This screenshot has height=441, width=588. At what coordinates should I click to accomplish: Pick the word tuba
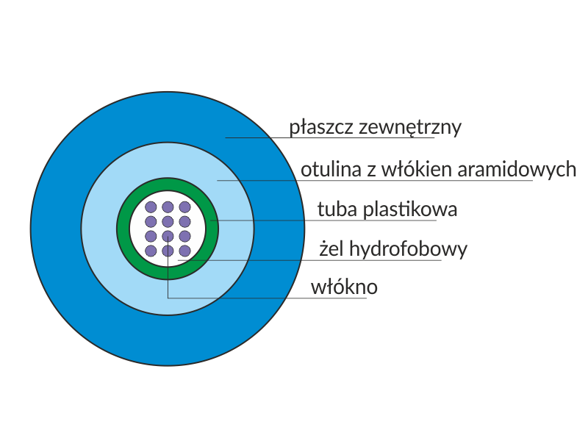(334, 209)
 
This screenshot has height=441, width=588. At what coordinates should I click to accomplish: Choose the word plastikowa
(407, 209)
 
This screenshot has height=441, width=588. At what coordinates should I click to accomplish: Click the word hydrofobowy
(409, 250)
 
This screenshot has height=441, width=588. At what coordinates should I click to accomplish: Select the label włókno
(344, 287)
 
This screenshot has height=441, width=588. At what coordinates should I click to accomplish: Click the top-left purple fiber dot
(151, 207)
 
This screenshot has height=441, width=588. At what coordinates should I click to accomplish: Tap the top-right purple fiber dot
(185, 207)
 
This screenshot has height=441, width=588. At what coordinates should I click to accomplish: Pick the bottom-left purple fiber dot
(151, 251)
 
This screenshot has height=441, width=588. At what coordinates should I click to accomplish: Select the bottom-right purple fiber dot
(185, 251)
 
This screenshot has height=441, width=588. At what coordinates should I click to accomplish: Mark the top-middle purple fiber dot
(168, 207)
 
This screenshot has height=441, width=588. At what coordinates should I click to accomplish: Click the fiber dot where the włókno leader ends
(168, 236)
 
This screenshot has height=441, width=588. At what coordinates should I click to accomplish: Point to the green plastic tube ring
(123, 220)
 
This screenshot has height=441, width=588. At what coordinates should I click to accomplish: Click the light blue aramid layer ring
(96, 228)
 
